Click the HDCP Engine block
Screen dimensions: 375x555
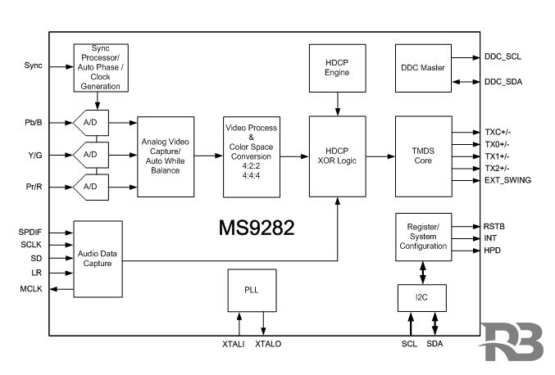click(x=337, y=68)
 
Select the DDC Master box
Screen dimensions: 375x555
click(x=423, y=68)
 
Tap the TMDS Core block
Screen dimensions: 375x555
click(x=423, y=156)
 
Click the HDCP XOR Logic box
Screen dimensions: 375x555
click(x=337, y=156)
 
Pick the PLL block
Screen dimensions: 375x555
click(x=250, y=291)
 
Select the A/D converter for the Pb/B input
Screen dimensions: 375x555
click(x=91, y=124)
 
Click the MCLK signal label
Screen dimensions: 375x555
click(x=30, y=289)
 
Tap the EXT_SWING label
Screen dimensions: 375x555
click(x=507, y=179)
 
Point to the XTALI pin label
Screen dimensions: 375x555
click(x=234, y=344)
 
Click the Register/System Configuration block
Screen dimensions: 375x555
click(x=423, y=234)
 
